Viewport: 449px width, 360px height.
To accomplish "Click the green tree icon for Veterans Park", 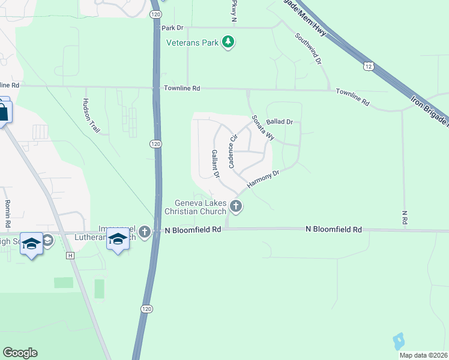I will coord(228,42).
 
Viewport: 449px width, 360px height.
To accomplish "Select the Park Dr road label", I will coord(172,28).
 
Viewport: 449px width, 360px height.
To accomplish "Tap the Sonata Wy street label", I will coord(263,127).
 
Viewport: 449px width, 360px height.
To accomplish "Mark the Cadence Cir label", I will coord(230,151).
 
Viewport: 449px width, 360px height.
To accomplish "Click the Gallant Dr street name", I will coord(215,164).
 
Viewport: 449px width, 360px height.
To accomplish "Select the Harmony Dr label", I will coord(264,179).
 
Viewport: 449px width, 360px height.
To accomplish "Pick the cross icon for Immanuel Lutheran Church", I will coord(144,232).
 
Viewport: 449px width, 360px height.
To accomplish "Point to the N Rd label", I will coord(405,217).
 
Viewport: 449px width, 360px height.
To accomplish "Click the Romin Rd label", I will coord(8,214).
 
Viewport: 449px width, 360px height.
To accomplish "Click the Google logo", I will coord(20,353).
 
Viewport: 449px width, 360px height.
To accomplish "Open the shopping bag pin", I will coord(4,112).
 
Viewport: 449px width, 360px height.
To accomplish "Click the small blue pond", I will coord(398,341).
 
